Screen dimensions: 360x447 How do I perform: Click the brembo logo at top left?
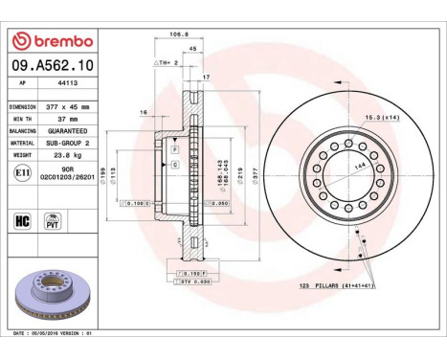point(52,41)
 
